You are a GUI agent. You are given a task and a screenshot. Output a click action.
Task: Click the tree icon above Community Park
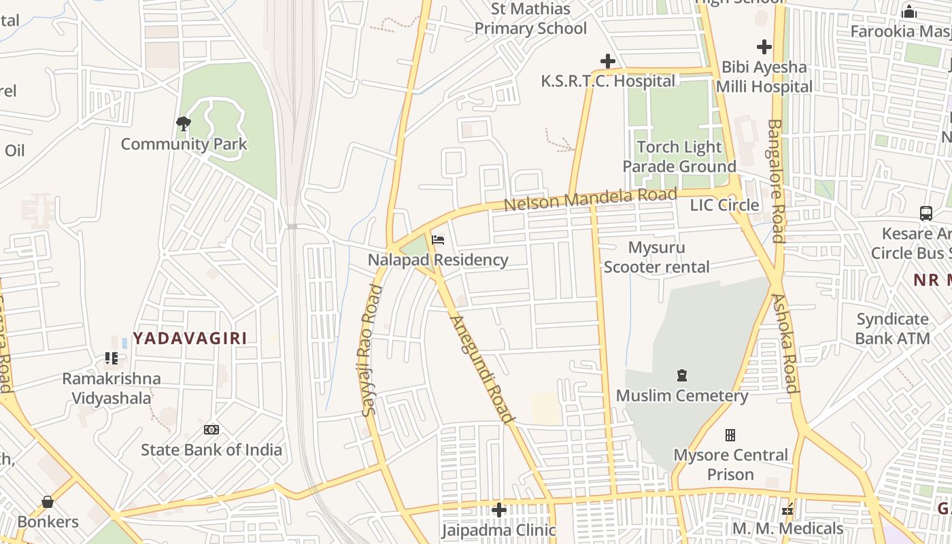click(183, 123)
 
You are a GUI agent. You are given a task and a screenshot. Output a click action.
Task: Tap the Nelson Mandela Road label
click(590, 199)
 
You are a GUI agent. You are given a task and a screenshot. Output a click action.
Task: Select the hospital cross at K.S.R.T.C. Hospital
click(607, 62)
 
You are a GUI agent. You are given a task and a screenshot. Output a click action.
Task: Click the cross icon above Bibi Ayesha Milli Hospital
click(764, 47)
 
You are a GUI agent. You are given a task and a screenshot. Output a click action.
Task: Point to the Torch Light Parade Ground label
click(679, 156)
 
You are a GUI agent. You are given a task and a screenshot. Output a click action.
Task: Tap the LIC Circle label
click(724, 205)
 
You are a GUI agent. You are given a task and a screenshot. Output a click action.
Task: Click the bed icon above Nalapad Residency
click(438, 240)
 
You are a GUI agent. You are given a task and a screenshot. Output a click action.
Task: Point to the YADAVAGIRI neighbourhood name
click(190, 338)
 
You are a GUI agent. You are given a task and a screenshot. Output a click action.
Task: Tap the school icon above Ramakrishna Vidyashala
click(111, 358)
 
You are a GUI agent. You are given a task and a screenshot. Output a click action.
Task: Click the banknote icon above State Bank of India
click(211, 430)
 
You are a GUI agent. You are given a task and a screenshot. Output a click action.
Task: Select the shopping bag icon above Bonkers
click(48, 502)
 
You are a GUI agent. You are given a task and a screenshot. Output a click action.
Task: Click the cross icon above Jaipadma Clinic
click(499, 509)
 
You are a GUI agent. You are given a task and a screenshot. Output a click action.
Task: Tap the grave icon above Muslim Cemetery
click(681, 375)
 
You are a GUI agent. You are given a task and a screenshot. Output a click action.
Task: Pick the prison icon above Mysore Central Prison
click(730, 435)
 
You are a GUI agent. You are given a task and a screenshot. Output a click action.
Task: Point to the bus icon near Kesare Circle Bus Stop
click(925, 214)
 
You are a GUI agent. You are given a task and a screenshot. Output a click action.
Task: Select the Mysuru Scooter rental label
click(656, 257)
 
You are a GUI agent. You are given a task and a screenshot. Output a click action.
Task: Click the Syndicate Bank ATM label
click(892, 328)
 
